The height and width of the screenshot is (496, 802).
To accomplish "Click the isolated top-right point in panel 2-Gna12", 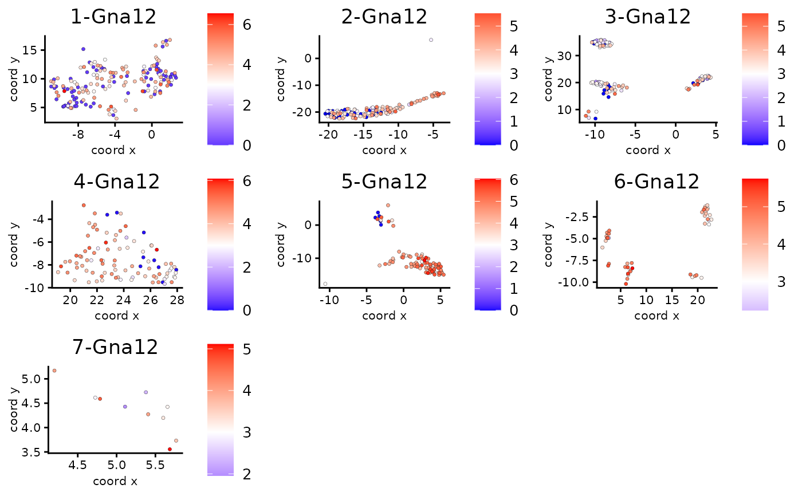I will pos(431,40).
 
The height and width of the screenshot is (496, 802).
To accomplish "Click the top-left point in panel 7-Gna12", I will pos(54,371).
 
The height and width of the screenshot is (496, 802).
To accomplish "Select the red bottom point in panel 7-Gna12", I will pos(170,449).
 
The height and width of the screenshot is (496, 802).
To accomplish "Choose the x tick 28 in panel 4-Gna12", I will pos(176,299).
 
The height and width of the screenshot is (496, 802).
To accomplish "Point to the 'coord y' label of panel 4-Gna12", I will pos(14,245).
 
